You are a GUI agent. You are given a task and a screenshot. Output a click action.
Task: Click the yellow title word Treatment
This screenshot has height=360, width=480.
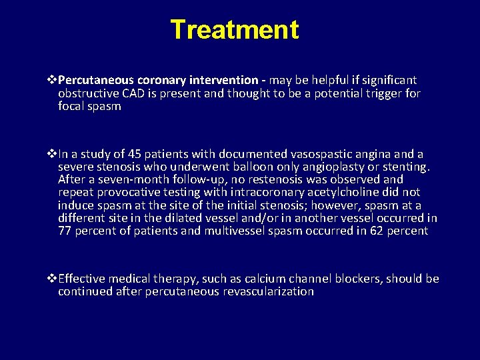(235, 30)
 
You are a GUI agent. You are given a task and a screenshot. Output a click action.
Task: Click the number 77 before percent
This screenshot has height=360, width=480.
(65, 231)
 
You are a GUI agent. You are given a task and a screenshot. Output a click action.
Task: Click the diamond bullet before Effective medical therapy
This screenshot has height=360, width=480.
(52, 279)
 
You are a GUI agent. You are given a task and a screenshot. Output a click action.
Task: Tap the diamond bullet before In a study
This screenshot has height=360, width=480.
(52, 153)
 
